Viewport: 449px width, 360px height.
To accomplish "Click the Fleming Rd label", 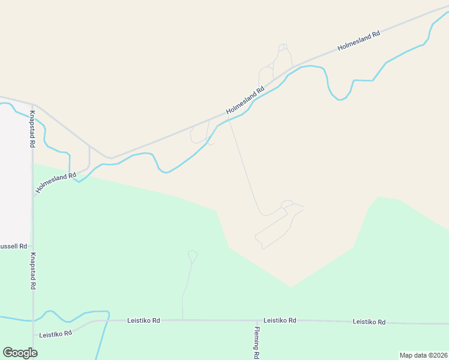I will (x=256, y=343).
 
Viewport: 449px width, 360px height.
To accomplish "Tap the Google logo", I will (x=20, y=353).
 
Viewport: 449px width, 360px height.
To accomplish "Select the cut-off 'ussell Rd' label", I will (x=14, y=247).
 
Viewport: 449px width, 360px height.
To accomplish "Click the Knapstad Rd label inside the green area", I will (x=32, y=271).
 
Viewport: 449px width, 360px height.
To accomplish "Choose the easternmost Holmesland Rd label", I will (x=359, y=40).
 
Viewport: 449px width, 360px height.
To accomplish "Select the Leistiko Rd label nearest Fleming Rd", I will (x=280, y=320).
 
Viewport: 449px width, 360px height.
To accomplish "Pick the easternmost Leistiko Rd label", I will (x=369, y=322).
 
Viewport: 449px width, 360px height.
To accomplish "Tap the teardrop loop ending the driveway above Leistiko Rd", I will (x=193, y=256).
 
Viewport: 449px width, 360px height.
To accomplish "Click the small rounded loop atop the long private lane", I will (x=287, y=204).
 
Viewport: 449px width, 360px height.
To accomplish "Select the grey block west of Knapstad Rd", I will (x=15, y=174).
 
